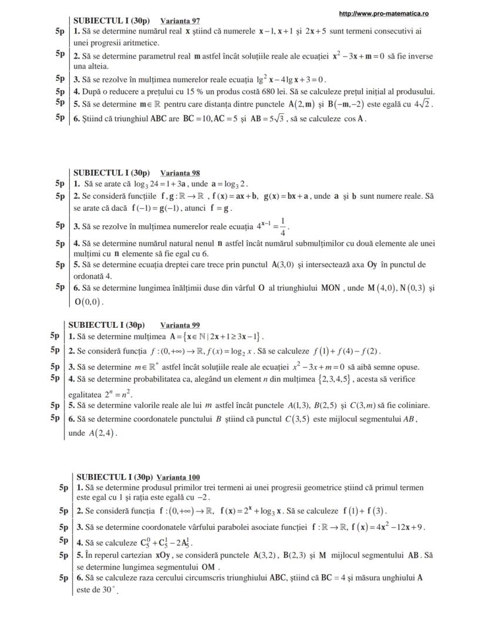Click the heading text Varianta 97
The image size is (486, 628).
(x=180, y=21)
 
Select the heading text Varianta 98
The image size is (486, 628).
(x=180, y=173)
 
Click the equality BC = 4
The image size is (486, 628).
(x=333, y=578)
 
